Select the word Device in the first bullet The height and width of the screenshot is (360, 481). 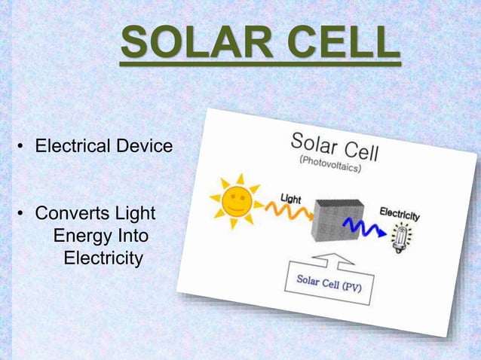[x=143, y=145]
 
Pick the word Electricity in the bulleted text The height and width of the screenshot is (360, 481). [x=103, y=259]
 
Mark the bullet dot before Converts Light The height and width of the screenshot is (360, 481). [x=23, y=215]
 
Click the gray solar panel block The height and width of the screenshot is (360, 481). [x=339, y=218]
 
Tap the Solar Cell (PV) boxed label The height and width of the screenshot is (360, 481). [x=329, y=285]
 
